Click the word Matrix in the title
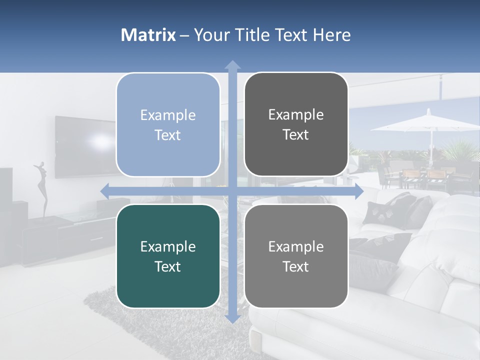click(148, 35)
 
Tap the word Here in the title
click(331, 35)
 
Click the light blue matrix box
click(168, 125)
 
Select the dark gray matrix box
click(296, 124)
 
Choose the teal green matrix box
click(168, 256)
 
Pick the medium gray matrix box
click(296, 256)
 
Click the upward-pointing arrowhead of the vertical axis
click(232, 64)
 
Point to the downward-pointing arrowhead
click(232, 318)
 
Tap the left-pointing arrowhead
click(104, 191)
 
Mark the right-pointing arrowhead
click(358, 191)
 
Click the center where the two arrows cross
click(232, 191)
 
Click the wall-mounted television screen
click(82, 146)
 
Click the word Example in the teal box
click(168, 246)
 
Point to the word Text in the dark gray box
click(296, 135)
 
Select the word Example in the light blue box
click(168, 115)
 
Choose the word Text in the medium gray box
click(296, 267)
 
